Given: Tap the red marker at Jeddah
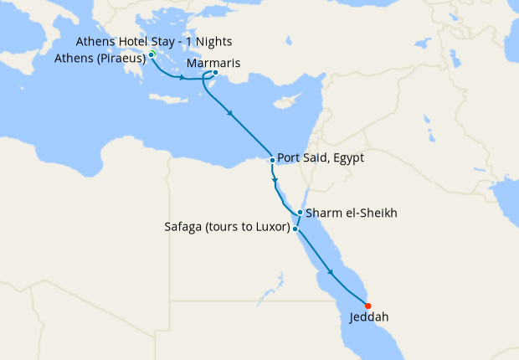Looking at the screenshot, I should click(x=368, y=306).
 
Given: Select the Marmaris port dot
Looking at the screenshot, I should click(x=215, y=73).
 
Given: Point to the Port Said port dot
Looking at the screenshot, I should click(x=273, y=160).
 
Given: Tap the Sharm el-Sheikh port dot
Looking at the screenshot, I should click(x=300, y=213).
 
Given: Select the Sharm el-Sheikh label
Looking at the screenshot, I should click(x=351, y=213).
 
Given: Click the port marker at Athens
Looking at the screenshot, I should click(x=152, y=55).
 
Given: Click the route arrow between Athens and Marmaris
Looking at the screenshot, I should click(x=182, y=78).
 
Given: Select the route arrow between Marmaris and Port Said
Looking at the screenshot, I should click(x=229, y=114).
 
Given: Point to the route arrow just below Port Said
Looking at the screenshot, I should click(x=275, y=179).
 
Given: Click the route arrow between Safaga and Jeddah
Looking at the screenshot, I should click(x=332, y=272).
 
